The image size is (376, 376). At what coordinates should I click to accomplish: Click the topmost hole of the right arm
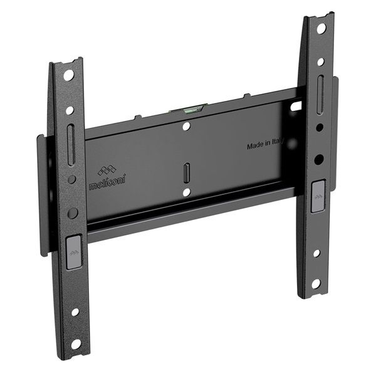(x=321, y=28)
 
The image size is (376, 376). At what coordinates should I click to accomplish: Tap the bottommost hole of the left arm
(x=75, y=343)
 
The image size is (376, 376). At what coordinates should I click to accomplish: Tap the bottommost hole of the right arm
(x=316, y=284)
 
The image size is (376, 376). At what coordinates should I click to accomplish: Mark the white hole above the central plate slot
(x=186, y=127)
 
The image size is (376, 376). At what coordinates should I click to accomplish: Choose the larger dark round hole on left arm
(x=73, y=212)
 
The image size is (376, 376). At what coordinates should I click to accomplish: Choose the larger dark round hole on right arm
(x=319, y=159)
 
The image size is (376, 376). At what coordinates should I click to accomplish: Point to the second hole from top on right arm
(x=321, y=61)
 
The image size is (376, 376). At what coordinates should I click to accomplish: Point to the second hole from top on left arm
(x=70, y=110)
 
